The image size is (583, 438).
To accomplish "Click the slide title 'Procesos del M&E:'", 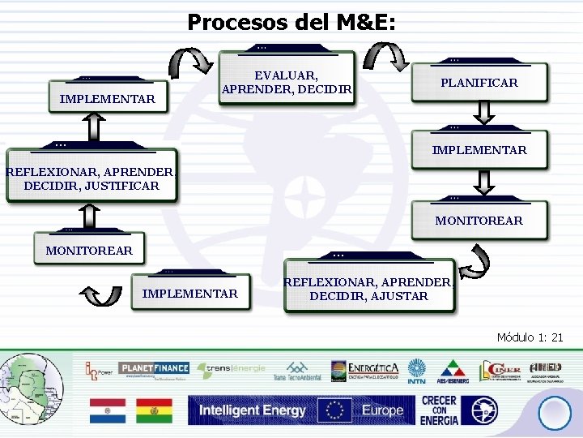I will tap(291, 22).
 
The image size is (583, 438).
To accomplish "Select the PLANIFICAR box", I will tap(479, 83).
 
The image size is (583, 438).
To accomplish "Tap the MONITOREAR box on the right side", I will tap(479, 220).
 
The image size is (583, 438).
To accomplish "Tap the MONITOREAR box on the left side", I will tap(89, 250).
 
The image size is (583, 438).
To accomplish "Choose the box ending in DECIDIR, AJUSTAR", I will tap(369, 289).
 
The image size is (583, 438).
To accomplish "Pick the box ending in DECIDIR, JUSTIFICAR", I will tap(91, 178).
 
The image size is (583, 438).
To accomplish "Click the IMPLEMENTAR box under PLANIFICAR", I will tap(479, 150).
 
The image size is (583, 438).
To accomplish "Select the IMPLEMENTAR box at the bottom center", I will tap(190, 293).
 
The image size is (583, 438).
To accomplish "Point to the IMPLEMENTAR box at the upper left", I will tap(107, 99).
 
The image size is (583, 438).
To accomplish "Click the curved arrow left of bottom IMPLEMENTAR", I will tap(103, 294).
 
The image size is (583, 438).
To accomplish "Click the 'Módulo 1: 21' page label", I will tap(530, 337).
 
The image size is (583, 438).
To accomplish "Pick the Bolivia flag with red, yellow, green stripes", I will tap(153, 410).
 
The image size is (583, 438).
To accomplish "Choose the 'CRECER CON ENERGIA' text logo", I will tap(440, 410).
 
